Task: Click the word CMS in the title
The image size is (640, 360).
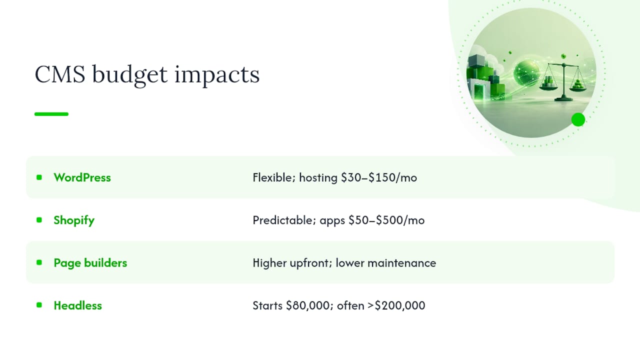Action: click(60, 74)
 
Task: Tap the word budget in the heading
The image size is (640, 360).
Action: click(129, 75)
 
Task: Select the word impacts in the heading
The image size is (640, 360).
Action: click(217, 75)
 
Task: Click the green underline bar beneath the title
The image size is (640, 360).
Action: click(51, 114)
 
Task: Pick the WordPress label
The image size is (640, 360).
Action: click(82, 177)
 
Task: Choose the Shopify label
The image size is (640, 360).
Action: click(74, 220)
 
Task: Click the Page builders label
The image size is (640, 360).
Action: click(90, 263)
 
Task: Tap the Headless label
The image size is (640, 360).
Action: click(77, 305)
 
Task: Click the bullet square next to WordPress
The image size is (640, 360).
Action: click(39, 177)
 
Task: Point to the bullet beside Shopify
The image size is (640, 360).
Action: click(39, 220)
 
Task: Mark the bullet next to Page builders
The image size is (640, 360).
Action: click(39, 262)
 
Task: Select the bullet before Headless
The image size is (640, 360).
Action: click(39, 305)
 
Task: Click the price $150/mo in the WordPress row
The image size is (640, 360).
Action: click(393, 177)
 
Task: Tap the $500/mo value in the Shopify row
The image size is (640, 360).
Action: click(400, 220)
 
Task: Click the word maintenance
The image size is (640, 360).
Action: click(401, 263)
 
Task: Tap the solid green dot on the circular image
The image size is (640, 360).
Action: click(578, 119)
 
